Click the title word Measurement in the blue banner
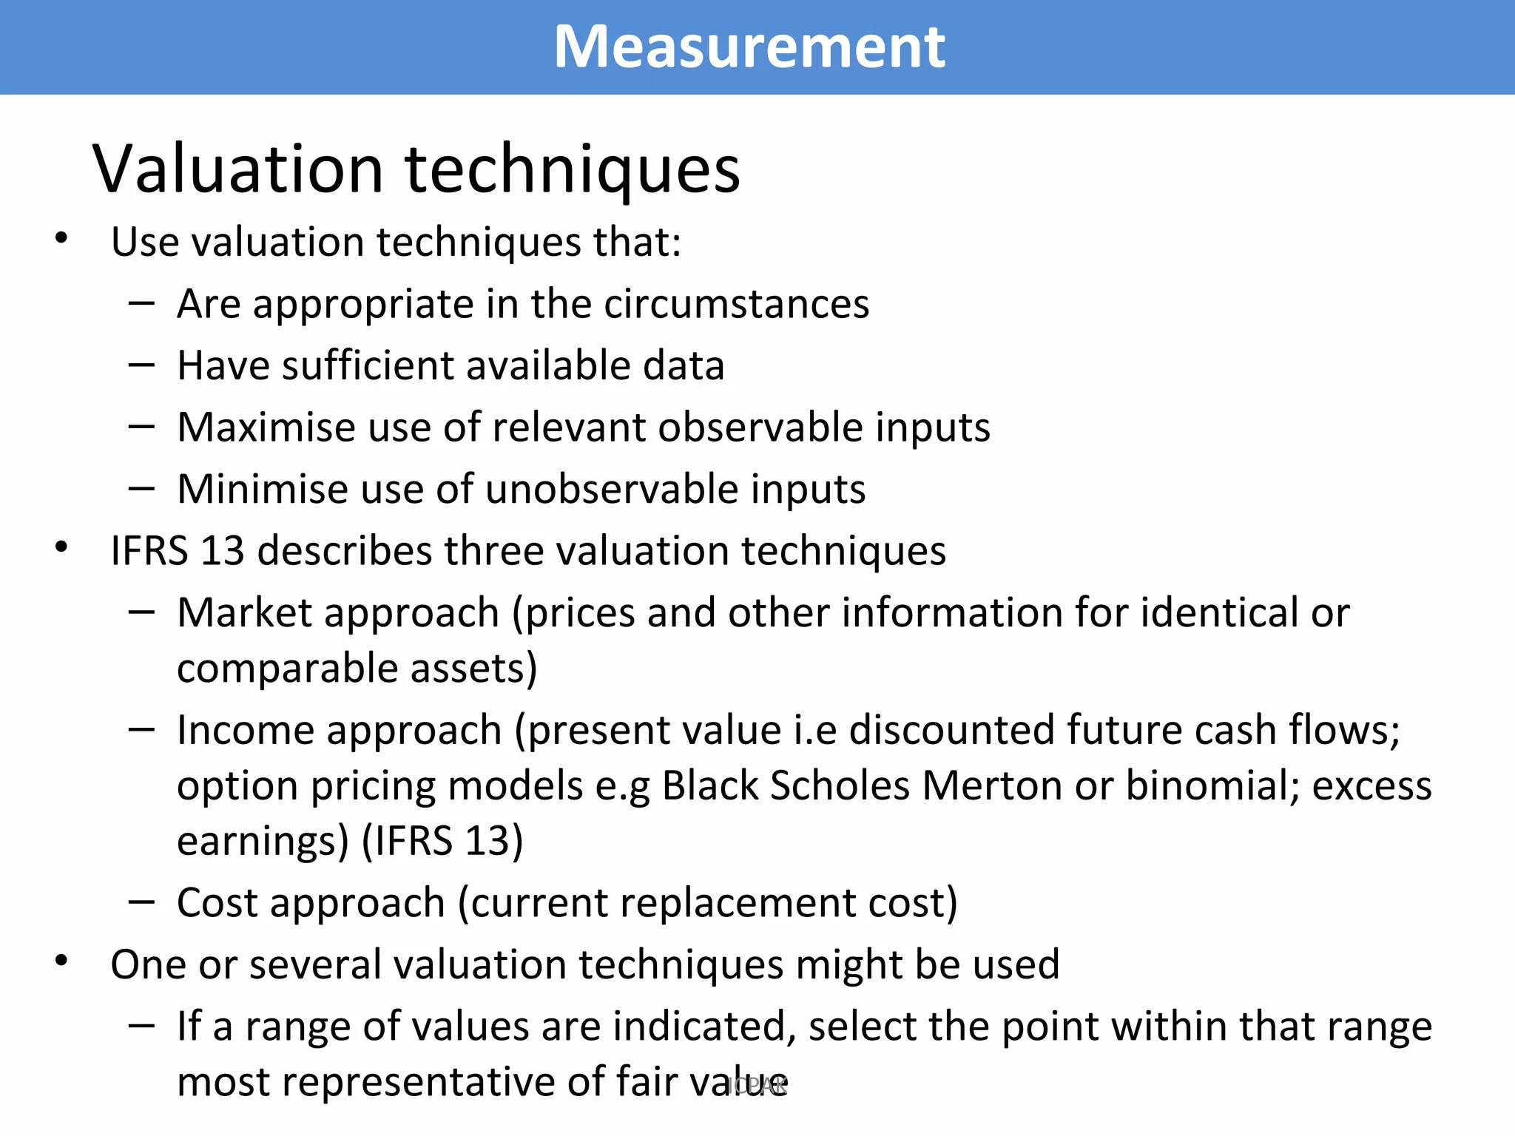[x=749, y=47]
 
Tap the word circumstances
[x=736, y=304]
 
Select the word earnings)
[x=263, y=841]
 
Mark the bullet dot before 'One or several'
[x=61, y=961]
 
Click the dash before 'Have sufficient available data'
[x=141, y=365]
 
